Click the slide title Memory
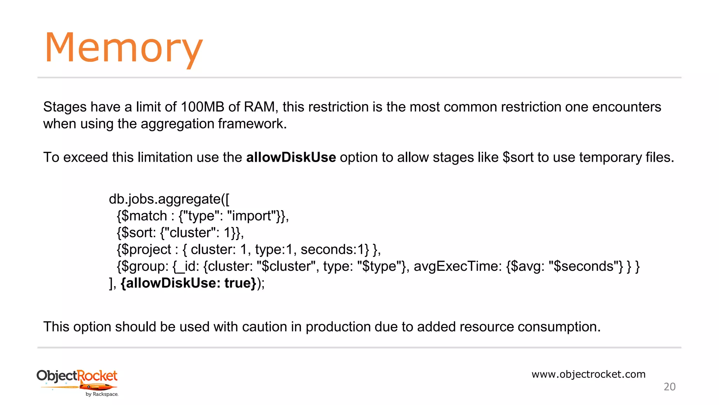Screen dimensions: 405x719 tap(124, 48)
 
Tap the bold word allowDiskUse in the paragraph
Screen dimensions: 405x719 tap(291, 157)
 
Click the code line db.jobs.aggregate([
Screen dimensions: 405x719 tap(169, 199)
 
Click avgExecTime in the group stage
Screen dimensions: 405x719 tap(458, 266)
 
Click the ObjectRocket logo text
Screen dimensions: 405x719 tap(77, 376)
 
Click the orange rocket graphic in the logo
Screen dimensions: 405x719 tap(98, 387)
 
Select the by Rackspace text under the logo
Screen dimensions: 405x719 tap(102, 394)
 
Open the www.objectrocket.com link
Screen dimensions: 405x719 tap(588, 374)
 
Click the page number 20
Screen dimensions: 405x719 tap(669, 387)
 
